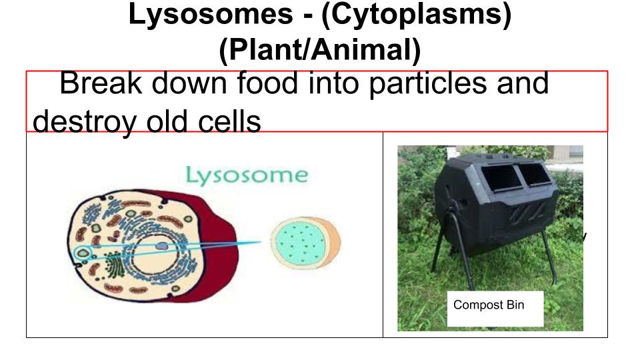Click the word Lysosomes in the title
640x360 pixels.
(211, 14)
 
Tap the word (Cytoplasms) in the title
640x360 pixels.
(416, 15)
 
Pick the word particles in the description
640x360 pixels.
(428, 84)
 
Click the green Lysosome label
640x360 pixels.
(247, 176)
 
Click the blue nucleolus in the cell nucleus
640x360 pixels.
(163, 246)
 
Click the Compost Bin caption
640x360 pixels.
(489, 305)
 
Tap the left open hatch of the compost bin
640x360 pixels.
(501, 179)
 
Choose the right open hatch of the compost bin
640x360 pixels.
(535, 174)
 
